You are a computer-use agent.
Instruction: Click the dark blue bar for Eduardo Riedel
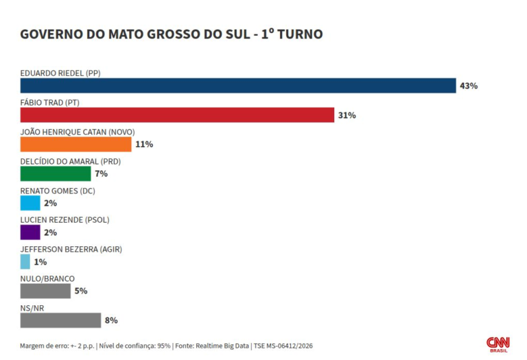pos(238,86)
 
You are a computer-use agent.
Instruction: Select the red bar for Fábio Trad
pos(177,115)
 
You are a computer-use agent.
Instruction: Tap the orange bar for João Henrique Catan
pos(76,145)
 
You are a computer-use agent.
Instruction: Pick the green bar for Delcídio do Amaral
pos(56,173)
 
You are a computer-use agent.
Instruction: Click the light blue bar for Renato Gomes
pos(30,203)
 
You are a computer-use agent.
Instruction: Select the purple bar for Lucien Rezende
pos(30,232)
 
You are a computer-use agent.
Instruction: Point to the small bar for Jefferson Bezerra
pos(25,262)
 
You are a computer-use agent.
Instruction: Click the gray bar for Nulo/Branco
pos(45,291)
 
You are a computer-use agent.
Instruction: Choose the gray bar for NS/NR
pos(60,320)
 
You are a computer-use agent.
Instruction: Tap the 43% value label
pos(469,86)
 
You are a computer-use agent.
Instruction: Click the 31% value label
pos(347,115)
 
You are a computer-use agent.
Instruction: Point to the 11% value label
pos(144,145)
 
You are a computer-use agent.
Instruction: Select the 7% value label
pos(101,173)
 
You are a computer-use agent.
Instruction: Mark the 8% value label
pos(111,320)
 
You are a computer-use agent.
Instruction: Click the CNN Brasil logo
pos(498,345)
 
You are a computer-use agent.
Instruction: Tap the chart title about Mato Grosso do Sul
pos(172,34)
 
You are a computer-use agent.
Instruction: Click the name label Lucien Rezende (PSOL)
pos(65,220)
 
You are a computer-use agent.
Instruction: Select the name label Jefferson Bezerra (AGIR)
pos(71,249)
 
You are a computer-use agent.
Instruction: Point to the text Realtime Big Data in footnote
pos(222,346)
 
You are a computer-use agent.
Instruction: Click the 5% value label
pos(81,291)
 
